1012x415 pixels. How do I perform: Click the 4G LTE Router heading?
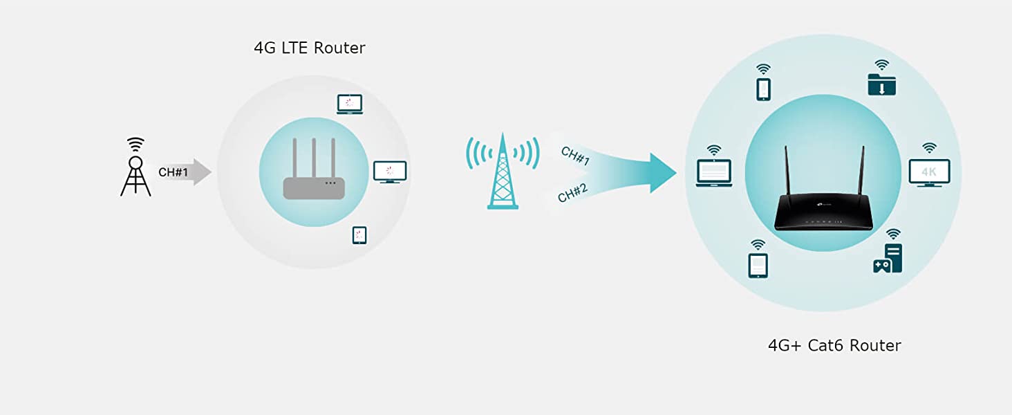(x=309, y=48)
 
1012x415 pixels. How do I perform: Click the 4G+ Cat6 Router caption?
(x=834, y=345)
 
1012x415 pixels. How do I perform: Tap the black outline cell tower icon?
(x=135, y=169)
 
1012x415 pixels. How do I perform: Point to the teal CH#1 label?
(x=575, y=156)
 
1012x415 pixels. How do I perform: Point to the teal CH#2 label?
(x=572, y=192)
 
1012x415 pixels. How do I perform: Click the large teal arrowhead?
(x=662, y=173)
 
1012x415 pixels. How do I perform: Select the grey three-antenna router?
(x=314, y=173)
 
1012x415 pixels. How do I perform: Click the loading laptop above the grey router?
(x=349, y=104)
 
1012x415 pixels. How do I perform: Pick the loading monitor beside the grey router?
(x=390, y=172)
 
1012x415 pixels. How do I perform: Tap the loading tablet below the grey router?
(x=359, y=235)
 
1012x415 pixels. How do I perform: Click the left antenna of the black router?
(x=786, y=173)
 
